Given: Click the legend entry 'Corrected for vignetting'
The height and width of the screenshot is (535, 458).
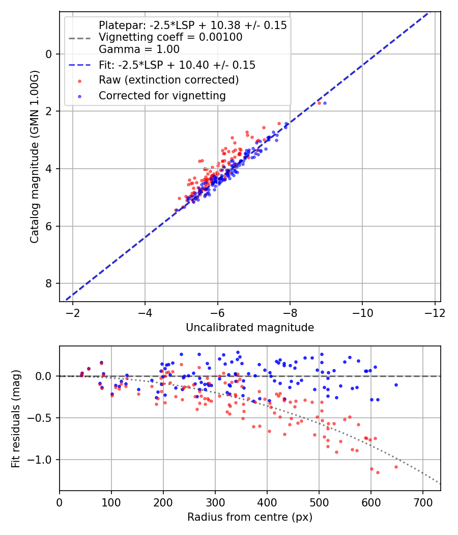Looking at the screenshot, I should pyautogui.click(x=162, y=95).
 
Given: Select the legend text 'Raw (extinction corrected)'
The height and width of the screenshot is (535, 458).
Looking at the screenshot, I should pyautogui.click(x=169, y=80).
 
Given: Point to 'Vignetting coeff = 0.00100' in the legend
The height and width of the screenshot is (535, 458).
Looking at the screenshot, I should pyautogui.click(x=170, y=37).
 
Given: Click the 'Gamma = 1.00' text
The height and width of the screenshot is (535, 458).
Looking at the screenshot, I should pyautogui.click(x=139, y=49).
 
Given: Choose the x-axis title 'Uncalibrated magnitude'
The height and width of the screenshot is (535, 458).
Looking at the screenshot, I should pyautogui.click(x=250, y=328).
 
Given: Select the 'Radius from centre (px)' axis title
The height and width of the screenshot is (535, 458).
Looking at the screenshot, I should pyautogui.click(x=250, y=517).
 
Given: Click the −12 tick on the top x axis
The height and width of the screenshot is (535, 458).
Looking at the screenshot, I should pyautogui.click(x=434, y=312).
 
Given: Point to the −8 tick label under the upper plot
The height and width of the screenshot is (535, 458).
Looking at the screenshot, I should pyautogui.click(x=290, y=312).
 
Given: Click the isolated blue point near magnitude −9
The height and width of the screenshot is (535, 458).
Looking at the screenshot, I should pyautogui.click(x=325, y=103).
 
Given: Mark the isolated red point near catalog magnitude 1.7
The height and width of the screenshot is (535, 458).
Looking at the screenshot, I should pyautogui.click(x=319, y=103).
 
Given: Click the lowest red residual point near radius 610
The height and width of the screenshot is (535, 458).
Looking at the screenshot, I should pyautogui.click(x=378, y=472).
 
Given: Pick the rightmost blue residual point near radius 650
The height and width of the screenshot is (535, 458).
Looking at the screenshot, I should pyautogui.click(x=396, y=385).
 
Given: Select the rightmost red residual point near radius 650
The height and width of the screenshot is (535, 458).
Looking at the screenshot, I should pyautogui.click(x=396, y=467).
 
